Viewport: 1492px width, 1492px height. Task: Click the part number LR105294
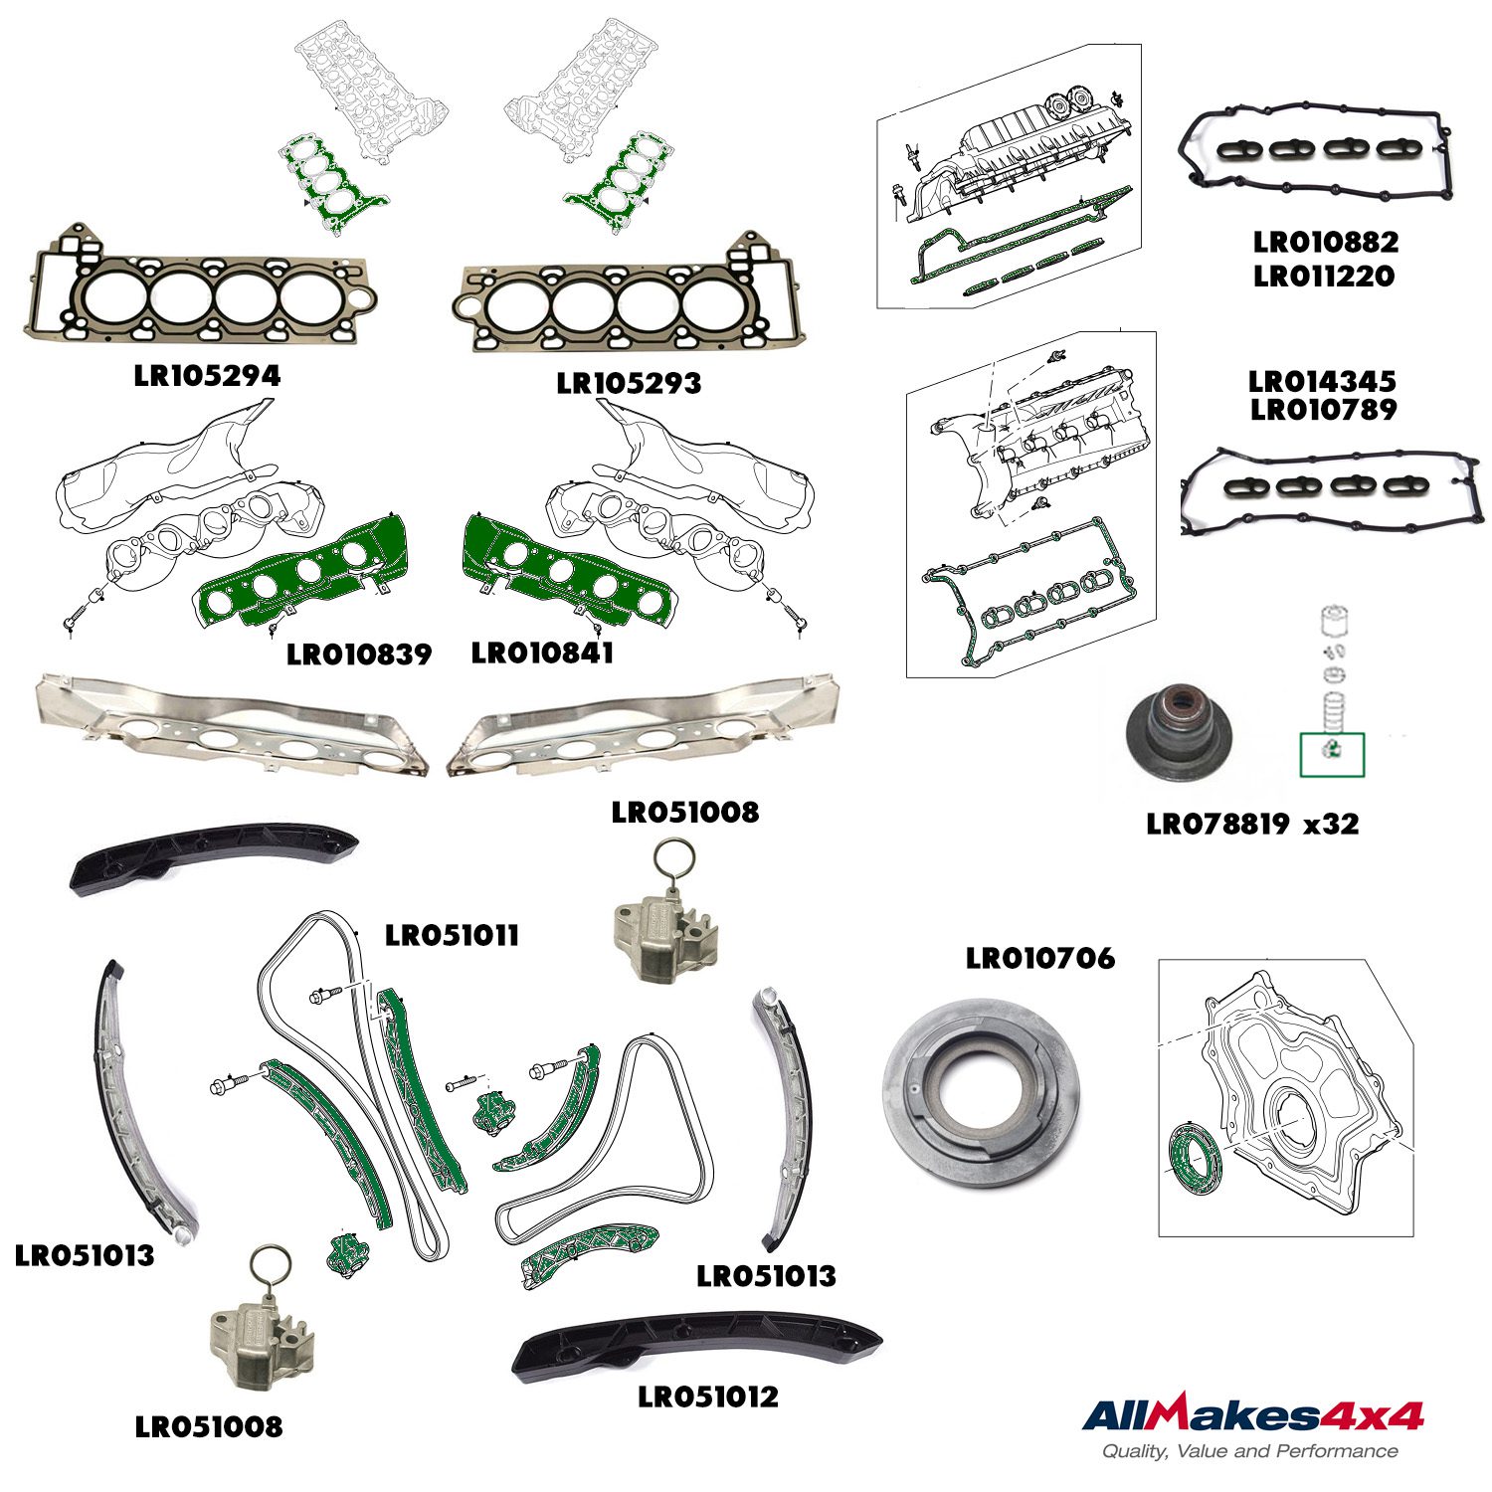[207, 375]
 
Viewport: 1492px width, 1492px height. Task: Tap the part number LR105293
[629, 383]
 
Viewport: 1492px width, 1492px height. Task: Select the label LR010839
[359, 654]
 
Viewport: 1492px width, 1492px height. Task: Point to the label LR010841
[542, 653]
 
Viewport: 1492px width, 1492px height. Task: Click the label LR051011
[452, 935]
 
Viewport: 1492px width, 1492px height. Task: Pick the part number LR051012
[708, 1397]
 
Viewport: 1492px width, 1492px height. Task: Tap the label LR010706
[1040, 958]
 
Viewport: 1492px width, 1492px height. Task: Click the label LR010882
[1326, 242]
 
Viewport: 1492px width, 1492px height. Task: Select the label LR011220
[1324, 276]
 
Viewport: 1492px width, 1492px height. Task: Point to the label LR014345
[1323, 381]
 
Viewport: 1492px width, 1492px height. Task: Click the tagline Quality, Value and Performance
[1250, 1451]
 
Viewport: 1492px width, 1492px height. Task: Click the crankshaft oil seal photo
[982, 1092]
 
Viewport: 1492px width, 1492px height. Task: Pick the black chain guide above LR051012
[696, 1343]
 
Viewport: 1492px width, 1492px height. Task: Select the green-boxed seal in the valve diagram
[1332, 755]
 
